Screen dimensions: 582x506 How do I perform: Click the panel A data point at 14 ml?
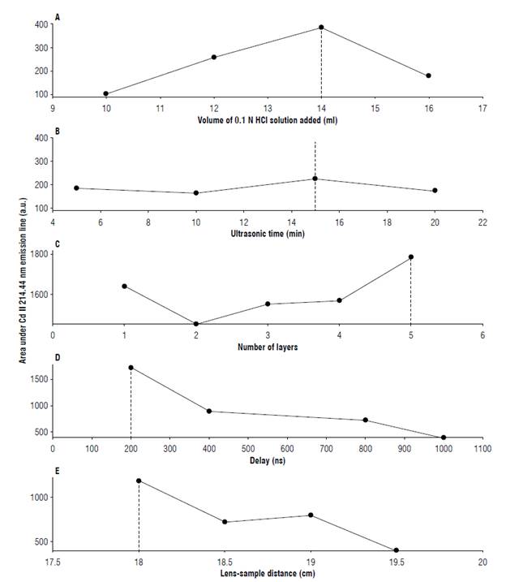click(x=321, y=28)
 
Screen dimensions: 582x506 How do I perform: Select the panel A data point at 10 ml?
click(x=105, y=93)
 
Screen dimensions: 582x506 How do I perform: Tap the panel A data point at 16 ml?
click(x=428, y=75)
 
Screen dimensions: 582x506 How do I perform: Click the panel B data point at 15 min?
click(x=315, y=179)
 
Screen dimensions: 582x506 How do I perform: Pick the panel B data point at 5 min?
click(x=76, y=188)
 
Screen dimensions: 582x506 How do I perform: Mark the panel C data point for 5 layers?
click(x=410, y=257)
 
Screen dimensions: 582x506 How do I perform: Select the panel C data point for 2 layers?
click(x=195, y=324)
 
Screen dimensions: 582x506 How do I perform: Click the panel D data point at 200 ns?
click(x=131, y=368)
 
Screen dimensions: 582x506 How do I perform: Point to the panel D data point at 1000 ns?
click(x=443, y=438)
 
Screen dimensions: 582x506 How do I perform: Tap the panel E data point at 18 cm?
click(x=139, y=481)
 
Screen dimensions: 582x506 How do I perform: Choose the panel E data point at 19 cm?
click(x=311, y=515)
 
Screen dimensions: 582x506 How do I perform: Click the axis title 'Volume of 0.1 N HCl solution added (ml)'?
click(x=268, y=120)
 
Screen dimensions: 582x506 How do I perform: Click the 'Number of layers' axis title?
click(x=268, y=348)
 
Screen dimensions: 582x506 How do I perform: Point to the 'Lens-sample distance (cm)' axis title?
click(x=268, y=574)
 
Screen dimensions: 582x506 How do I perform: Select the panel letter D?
click(x=56, y=356)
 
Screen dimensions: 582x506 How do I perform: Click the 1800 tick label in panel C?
click(x=37, y=254)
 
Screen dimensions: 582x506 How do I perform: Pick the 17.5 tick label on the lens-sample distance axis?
click(x=54, y=562)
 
